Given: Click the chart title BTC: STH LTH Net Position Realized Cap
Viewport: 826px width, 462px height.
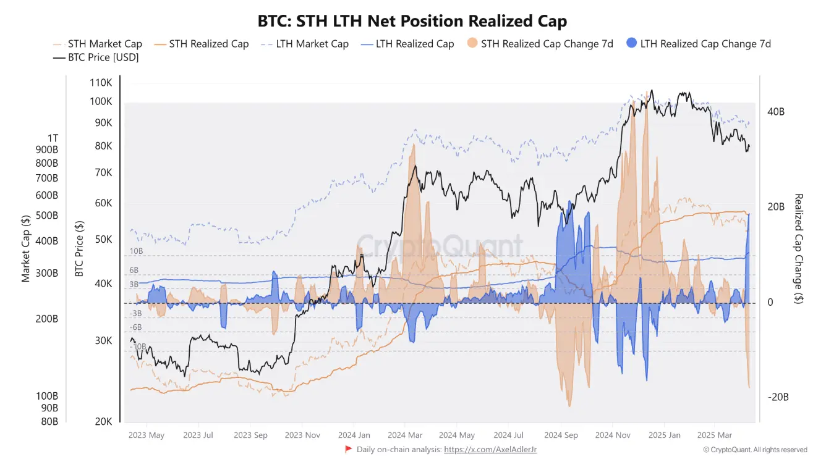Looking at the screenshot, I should point(412,21).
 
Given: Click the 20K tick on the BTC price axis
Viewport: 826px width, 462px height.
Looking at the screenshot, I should point(103,422).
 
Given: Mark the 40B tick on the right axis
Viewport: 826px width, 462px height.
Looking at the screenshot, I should point(776,112).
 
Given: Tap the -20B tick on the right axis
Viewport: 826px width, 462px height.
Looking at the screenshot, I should point(778,397).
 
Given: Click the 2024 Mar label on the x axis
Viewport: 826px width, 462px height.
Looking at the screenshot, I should point(404,435).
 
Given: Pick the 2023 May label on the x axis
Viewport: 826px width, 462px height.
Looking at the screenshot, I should point(147,435).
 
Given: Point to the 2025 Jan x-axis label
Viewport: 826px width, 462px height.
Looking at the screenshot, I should point(664,435).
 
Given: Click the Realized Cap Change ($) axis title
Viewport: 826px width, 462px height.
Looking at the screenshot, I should point(798,249).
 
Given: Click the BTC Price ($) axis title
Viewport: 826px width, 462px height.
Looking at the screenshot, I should point(79,249).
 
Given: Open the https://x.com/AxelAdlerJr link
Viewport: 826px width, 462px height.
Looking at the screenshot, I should point(490,450).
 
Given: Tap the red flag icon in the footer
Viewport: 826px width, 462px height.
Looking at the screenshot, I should point(349,450).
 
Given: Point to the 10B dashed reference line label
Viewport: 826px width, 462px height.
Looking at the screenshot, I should point(136,251).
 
